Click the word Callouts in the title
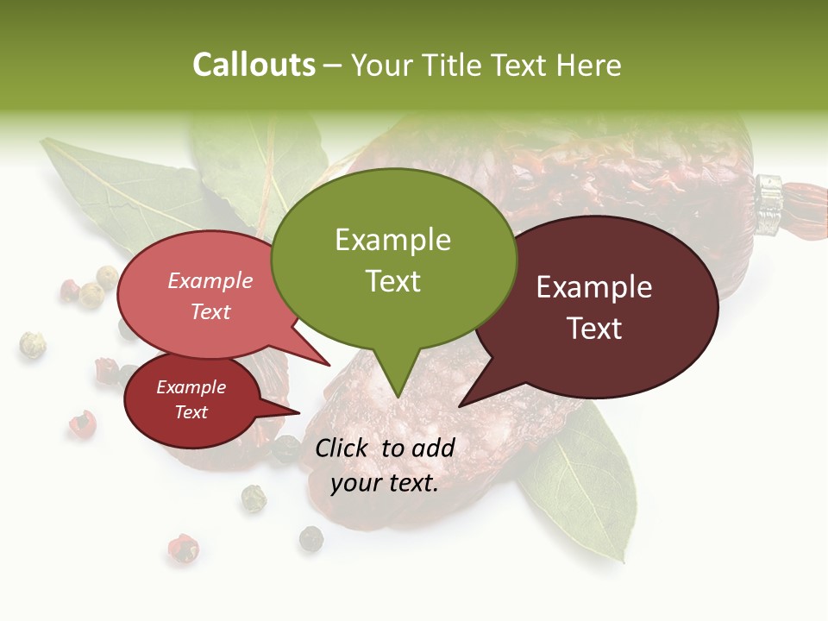click(x=254, y=65)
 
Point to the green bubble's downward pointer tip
click(x=398, y=397)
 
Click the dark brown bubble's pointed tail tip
click(x=460, y=405)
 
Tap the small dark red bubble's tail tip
click(x=299, y=412)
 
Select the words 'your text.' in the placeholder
click(x=385, y=483)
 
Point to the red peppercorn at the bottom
click(x=182, y=547)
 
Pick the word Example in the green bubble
click(x=392, y=239)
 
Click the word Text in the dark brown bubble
click(x=595, y=328)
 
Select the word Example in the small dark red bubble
click(x=191, y=387)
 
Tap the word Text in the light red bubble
click(x=210, y=311)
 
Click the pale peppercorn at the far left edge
click(x=33, y=345)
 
